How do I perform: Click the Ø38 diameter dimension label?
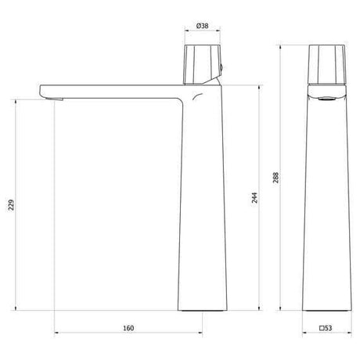pos(202,26)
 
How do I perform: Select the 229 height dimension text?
pos(11,205)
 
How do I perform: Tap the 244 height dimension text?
pos(254,198)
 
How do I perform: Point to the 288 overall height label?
pos(275,178)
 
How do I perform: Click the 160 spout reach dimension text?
pos(128,328)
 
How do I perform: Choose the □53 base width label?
pos(326,328)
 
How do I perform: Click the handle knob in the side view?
pos(203,64)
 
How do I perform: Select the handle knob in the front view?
pos(327,64)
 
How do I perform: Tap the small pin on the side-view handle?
pos(221,68)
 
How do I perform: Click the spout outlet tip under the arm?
pos(53,98)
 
